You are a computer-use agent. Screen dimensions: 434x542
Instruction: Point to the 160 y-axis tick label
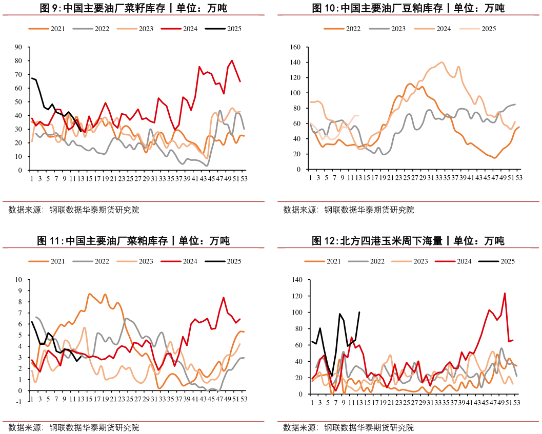coord(294,47)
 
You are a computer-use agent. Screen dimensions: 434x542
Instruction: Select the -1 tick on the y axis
coord(18,402)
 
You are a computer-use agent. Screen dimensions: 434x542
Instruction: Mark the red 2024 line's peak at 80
coord(232,60)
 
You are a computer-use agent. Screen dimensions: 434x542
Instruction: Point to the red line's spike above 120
coord(505,293)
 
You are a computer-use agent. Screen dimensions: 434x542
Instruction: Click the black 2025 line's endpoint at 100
coord(359,312)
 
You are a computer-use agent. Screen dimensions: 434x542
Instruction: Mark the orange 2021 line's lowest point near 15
coord(495,158)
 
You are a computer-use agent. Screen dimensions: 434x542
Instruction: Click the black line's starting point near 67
coord(32,78)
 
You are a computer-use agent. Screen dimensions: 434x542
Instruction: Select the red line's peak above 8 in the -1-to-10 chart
coord(224,297)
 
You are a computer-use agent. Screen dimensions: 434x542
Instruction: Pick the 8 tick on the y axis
coord(19,302)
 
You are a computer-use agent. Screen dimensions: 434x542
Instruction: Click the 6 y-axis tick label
coord(19,324)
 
